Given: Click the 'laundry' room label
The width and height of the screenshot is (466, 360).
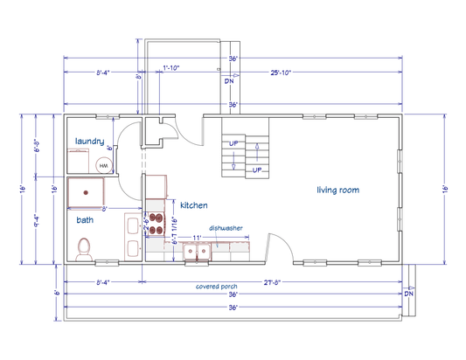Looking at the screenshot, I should (x=90, y=142).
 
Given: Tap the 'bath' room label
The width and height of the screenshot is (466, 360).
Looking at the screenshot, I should (x=85, y=220).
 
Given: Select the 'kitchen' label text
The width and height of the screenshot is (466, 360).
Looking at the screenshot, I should (x=194, y=205).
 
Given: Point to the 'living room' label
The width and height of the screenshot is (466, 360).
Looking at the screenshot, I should (x=337, y=190).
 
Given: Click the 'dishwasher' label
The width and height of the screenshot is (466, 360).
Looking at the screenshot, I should (x=226, y=227).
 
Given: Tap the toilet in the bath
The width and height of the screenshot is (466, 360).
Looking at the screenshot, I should (x=84, y=250).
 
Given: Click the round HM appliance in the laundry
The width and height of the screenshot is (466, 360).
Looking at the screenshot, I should (x=103, y=165).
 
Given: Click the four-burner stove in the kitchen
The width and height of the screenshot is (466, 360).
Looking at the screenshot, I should (x=156, y=224).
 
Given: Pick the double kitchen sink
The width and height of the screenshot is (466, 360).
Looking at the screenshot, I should (x=197, y=253).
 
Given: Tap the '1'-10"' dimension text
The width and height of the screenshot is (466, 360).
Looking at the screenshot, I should (x=171, y=67).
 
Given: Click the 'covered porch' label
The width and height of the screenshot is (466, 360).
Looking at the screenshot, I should (x=218, y=287).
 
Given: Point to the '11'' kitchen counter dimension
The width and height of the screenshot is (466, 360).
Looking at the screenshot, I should (x=198, y=237).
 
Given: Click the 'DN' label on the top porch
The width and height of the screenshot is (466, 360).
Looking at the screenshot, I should (x=229, y=81).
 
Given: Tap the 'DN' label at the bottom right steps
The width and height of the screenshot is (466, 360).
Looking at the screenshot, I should (x=408, y=294).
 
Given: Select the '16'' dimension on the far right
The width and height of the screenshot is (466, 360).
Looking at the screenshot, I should (x=444, y=188).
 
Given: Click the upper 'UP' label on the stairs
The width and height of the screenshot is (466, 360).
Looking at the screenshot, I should (x=233, y=143).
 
